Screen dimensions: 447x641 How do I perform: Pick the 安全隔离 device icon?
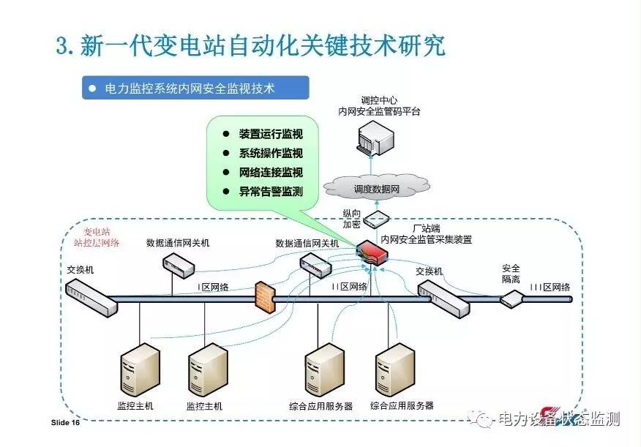tap(511, 298)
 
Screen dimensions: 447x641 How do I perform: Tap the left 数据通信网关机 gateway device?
tap(176, 263)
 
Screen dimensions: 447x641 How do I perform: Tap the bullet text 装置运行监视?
tap(270, 135)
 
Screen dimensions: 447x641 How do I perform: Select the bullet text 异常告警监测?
tap(270, 192)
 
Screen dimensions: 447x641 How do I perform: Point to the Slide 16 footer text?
tap(66, 423)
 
